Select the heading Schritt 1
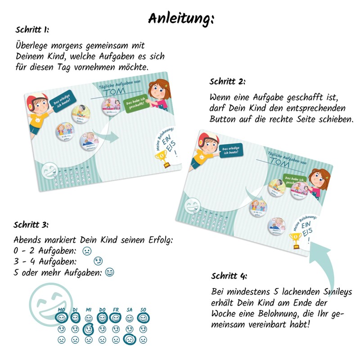(x=32, y=30)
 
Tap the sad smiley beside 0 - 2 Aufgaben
(x=87, y=251)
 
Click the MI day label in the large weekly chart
(x=89, y=310)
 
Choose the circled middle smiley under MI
(x=89, y=329)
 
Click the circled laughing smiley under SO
(x=143, y=319)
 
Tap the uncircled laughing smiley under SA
(x=130, y=319)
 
